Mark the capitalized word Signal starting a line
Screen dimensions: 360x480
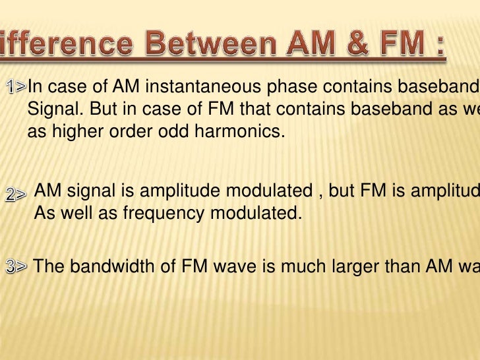(x=49, y=109)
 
